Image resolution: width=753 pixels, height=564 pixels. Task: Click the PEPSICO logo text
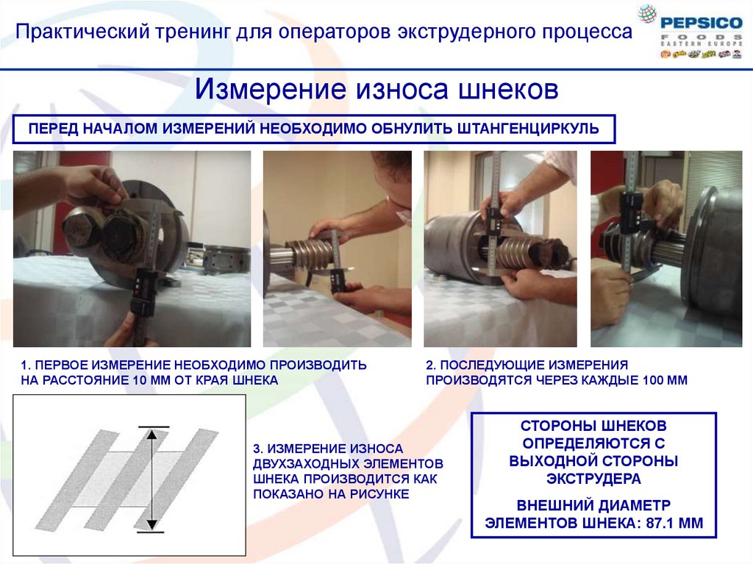point(701,23)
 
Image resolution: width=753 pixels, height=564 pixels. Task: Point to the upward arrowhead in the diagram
point(151,435)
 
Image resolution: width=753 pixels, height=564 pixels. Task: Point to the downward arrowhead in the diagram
point(151,524)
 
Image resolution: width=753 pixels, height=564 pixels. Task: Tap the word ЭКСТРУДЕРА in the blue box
point(593,479)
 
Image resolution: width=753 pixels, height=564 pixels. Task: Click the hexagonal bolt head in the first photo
point(82,232)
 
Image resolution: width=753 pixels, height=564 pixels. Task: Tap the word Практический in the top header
point(82,32)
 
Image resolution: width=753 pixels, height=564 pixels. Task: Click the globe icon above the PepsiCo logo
point(647,13)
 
